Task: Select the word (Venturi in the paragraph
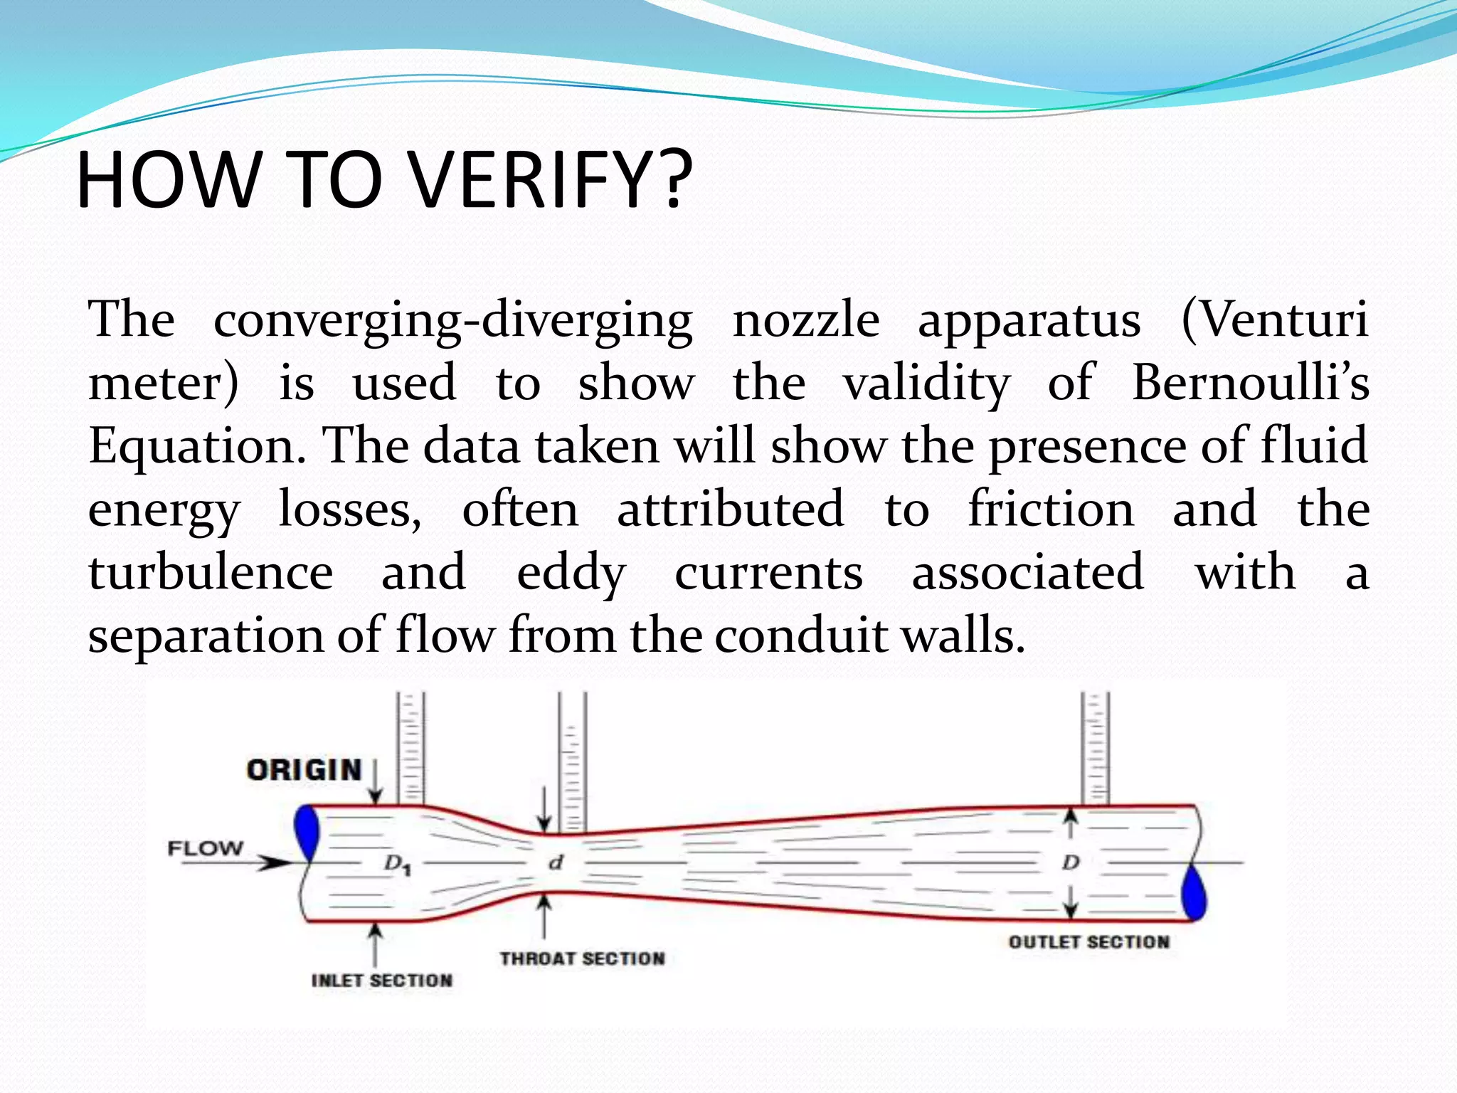[x=1274, y=320]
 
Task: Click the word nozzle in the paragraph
[x=805, y=320]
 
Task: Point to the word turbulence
[x=211, y=574]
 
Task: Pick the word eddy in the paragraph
[x=571, y=574]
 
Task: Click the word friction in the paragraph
[x=1051, y=510]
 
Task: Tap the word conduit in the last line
[x=800, y=635]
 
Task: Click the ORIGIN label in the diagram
[x=304, y=771]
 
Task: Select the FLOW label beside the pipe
[x=205, y=848]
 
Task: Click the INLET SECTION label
[x=382, y=981]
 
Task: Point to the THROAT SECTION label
[x=582, y=959]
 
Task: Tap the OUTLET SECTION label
[x=1088, y=942]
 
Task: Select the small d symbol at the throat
[x=556, y=863]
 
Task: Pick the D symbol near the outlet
[x=1071, y=863]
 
